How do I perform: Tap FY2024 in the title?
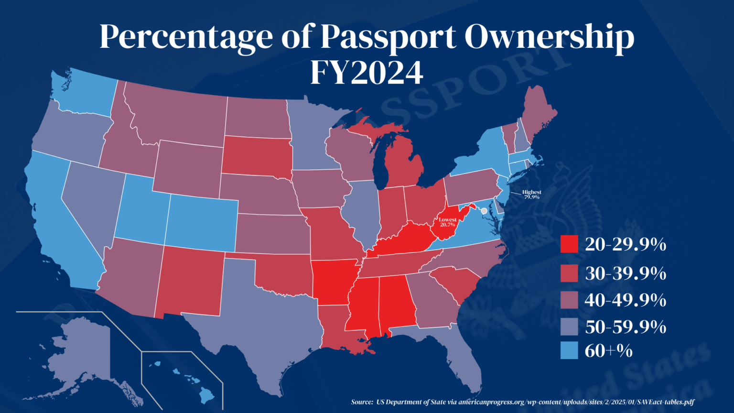pos(367,73)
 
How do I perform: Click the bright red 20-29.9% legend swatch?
pos(569,244)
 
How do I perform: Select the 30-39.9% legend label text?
pos(626,273)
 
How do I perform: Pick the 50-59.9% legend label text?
pos(626,327)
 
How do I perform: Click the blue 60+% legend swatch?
pos(569,350)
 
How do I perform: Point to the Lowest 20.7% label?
pos(448,222)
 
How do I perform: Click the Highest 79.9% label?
pos(531,195)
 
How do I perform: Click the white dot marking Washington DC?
pos(484,211)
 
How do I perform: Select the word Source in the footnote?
pos(361,402)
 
